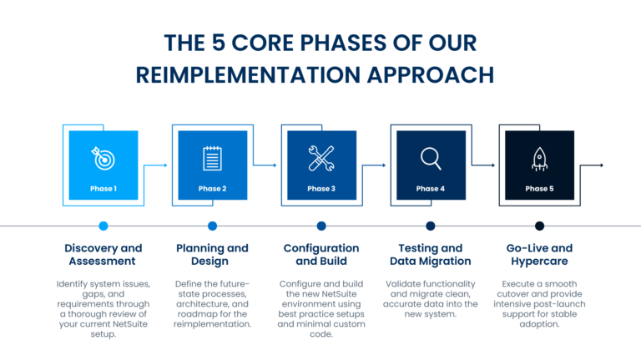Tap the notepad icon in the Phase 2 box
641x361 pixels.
pos(212,158)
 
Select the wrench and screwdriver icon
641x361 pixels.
pos(321,157)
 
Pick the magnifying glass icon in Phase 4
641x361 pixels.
pos(431,157)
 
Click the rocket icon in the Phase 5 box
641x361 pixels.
pos(539,158)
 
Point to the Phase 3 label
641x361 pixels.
pos(321,189)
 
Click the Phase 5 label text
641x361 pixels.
pos(539,189)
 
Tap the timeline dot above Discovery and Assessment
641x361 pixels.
pos(103,226)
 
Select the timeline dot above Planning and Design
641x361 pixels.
pos(212,226)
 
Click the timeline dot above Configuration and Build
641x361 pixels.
pos(321,226)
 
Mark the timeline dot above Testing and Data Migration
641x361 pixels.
pos(431,226)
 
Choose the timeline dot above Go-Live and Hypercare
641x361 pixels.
pos(539,226)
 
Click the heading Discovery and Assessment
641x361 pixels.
pos(103,255)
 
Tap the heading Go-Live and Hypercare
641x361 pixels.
pos(539,255)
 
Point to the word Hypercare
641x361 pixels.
pos(539,262)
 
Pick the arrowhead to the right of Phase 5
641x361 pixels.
pos(601,165)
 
